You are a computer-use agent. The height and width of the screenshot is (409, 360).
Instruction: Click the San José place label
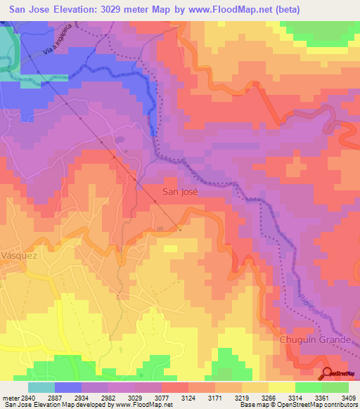tap(181, 191)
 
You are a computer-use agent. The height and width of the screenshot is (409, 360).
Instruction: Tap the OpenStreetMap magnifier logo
tap(328, 373)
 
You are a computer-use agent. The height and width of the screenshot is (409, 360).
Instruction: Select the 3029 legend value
tap(160, 397)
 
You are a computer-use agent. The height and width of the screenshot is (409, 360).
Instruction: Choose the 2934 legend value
tap(94, 397)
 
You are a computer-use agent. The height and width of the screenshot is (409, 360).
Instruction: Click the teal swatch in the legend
tap(41, 387)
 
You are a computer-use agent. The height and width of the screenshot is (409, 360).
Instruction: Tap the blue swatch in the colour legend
tap(67, 387)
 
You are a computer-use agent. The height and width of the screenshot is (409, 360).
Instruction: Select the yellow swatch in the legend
tap(281, 387)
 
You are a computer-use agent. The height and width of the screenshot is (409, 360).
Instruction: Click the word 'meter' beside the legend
tap(10, 397)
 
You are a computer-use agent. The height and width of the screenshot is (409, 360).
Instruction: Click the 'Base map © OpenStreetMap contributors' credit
tap(298, 405)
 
